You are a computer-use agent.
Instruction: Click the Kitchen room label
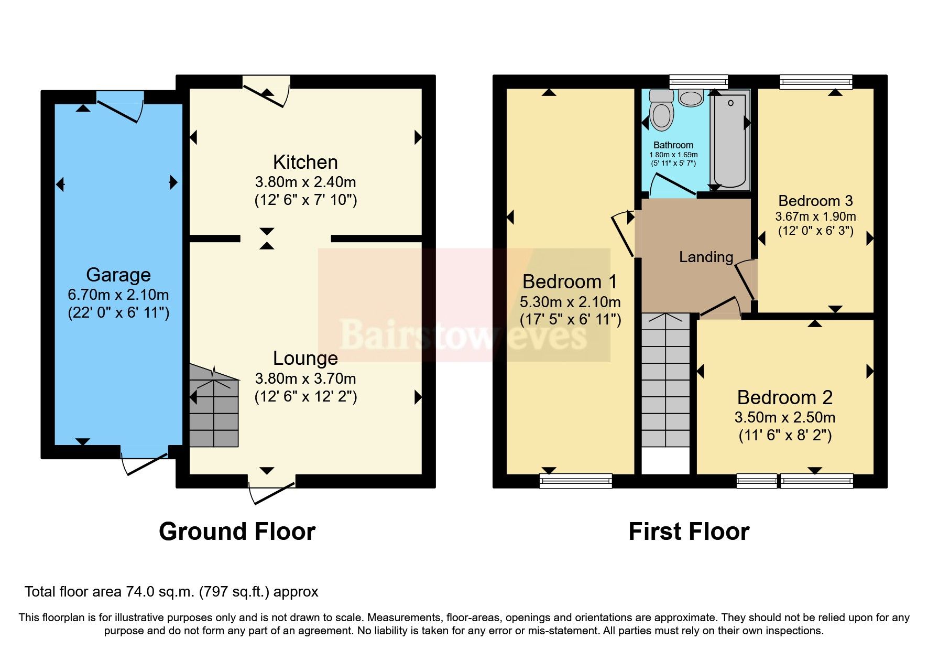(305, 162)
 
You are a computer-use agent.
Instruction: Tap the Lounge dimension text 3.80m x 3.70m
(305, 378)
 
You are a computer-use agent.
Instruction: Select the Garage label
(118, 275)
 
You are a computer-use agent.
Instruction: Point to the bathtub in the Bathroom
(730, 139)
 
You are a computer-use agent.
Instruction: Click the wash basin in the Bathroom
(691, 97)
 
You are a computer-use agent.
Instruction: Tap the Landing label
(706, 257)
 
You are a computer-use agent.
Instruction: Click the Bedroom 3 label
(815, 201)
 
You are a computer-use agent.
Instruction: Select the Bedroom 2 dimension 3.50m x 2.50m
(784, 417)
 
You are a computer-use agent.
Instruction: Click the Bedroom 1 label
(570, 282)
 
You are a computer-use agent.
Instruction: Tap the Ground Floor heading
(237, 532)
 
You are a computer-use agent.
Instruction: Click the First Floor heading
(689, 532)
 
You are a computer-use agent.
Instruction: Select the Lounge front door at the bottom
(271, 487)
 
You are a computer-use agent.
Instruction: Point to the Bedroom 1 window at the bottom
(575, 480)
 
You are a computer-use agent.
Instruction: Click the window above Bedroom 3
(815, 82)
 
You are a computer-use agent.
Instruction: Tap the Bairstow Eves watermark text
(463, 334)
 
